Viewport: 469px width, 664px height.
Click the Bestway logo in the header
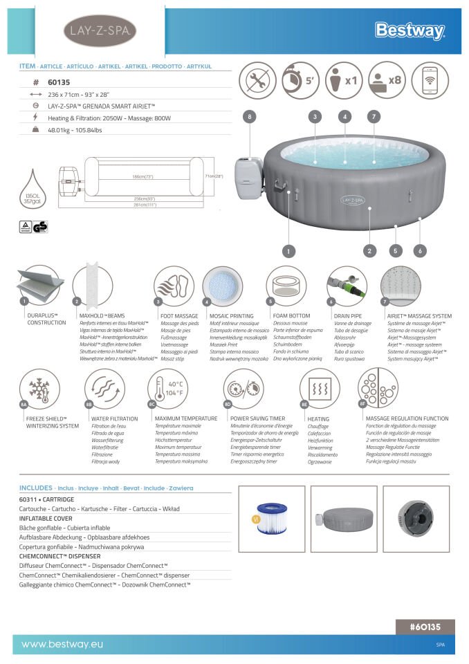point(410,30)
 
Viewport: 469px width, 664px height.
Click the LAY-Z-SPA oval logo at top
point(100,30)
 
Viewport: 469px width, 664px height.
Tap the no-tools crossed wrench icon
point(257,80)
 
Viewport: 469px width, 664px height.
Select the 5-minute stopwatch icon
point(300,80)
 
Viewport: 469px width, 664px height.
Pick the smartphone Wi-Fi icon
point(430,80)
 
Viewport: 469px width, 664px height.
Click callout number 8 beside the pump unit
point(250,117)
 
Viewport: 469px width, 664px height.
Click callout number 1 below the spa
point(289,251)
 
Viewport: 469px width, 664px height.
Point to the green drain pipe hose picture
point(346,286)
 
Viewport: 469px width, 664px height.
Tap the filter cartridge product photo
point(272,519)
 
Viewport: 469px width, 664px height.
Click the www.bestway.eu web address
point(62,645)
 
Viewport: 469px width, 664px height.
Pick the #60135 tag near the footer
point(425,627)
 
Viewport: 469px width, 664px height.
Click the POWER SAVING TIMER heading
point(257,418)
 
